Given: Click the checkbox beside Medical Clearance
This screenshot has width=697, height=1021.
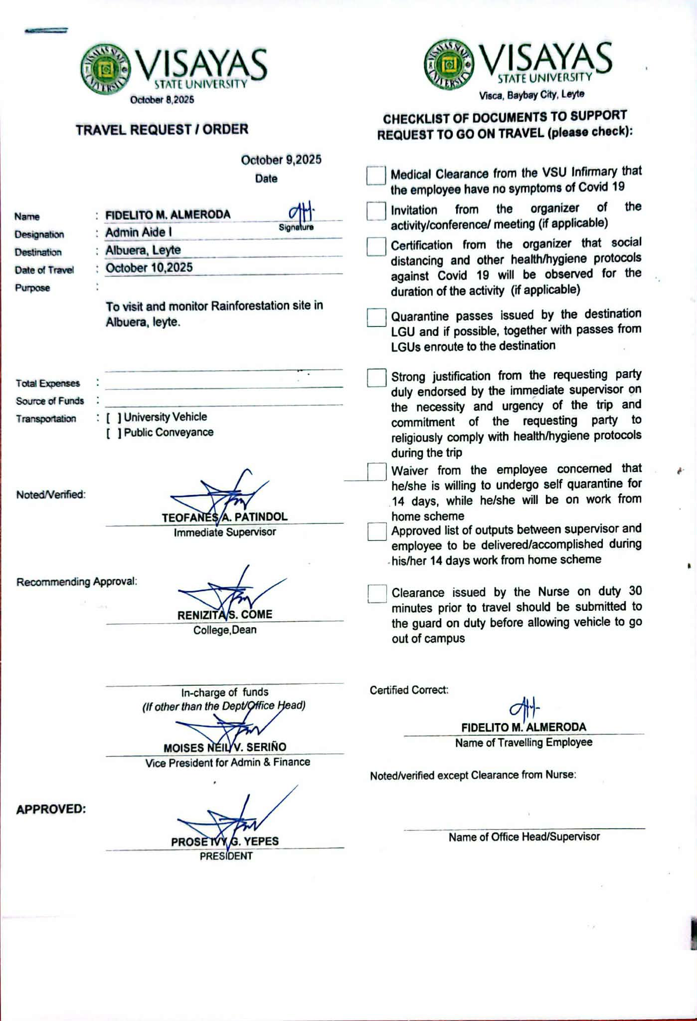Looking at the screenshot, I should tap(376, 175).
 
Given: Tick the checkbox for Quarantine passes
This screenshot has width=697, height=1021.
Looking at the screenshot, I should tap(376, 317).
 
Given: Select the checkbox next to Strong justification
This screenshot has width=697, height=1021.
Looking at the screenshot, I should tap(376, 378).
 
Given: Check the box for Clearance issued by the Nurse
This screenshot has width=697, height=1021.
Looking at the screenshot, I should tap(377, 593).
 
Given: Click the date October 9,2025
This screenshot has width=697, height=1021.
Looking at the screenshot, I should tap(281, 160).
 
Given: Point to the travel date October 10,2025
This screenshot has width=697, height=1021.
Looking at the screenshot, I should tap(149, 268).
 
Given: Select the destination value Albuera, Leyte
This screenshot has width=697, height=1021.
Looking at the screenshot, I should tap(143, 251).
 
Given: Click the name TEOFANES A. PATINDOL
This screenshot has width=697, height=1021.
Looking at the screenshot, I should tap(224, 517).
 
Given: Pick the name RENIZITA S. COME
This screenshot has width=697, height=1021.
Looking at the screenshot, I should tap(224, 615).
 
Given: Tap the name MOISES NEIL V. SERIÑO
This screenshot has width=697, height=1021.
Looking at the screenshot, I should tap(225, 748).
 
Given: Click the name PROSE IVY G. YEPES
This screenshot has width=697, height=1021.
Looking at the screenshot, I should tap(225, 841).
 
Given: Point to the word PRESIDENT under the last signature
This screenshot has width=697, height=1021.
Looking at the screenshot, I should tap(226, 856).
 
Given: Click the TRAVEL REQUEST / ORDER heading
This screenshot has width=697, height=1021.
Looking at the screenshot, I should tap(162, 130).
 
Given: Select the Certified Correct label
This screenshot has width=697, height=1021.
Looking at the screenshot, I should tap(409, 690).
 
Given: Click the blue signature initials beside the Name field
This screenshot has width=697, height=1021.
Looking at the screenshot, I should tap(301, 213).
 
